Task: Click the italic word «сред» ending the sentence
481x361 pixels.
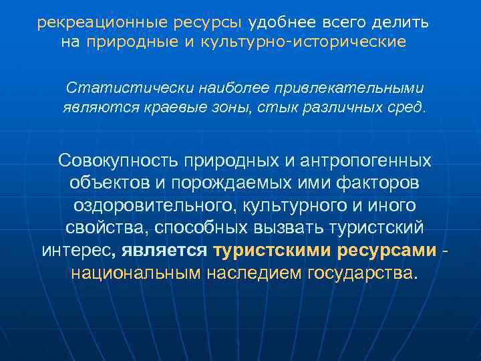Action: click(x=406, y=106)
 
